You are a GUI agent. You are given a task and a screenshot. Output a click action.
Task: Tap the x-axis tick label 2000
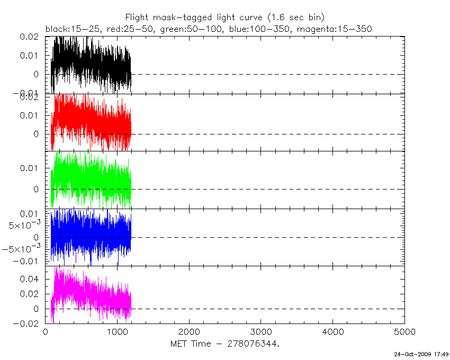click(x=189, y=332)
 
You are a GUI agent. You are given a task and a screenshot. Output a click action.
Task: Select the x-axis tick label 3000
click(x=261, y=332)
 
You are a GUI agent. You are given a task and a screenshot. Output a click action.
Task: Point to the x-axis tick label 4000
click(x=332, y=332)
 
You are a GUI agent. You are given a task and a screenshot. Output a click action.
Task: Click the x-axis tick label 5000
click(x=404, y=332)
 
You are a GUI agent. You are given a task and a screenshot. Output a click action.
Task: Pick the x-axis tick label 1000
click(x=117, y=332)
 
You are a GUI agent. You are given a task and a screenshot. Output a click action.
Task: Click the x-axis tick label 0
click(x=46, y=332)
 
